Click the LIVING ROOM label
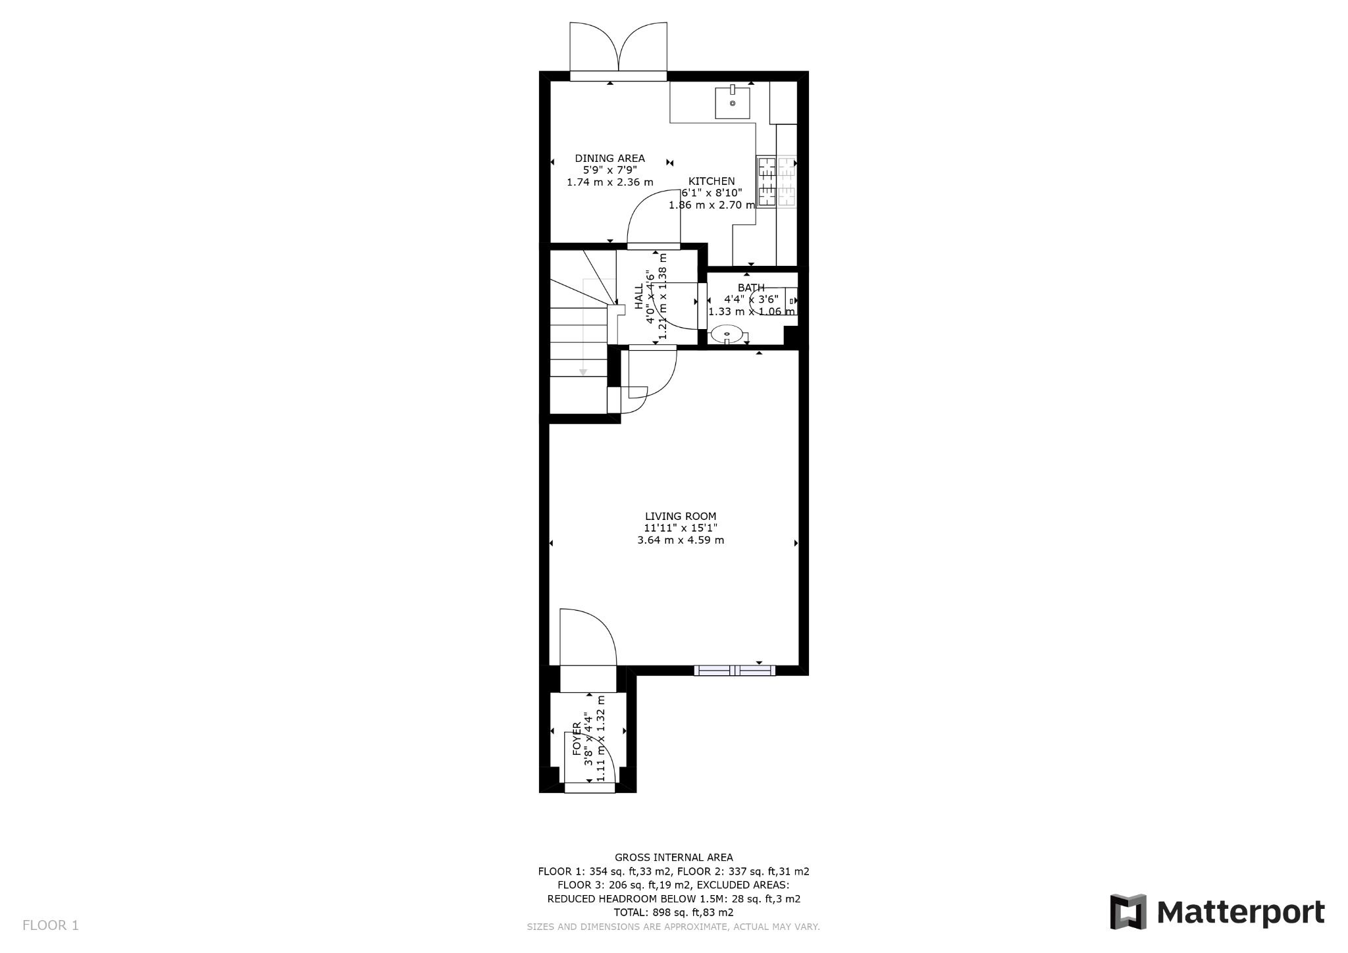tap(680, 517)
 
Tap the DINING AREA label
tap(609, 158)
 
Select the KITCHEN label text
tap(712, 181)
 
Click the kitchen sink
tap(732, 102)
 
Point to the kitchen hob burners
tap(776, 182)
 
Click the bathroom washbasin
tap(727, 334)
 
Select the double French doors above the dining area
tap(618, 49)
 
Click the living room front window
tap(735, 671)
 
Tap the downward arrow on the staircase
tap(583, 373)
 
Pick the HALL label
tap(638, 296)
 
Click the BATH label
tap(750, 288)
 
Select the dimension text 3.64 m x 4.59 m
tap(680, 540)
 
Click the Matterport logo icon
tap(1128, 912)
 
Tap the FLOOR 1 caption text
tap(51, 925)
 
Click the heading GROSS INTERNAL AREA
tap(673, 858)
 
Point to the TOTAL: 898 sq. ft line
tap(673, 912)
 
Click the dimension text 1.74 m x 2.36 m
tap(609, 182)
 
